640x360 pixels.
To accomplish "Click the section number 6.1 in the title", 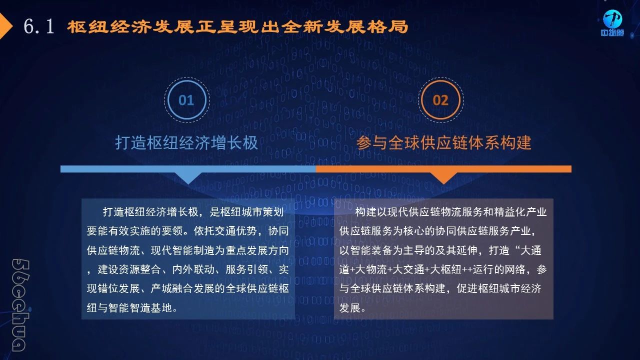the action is [x=39, y=26].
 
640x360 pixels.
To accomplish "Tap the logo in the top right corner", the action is [x=612, y=23].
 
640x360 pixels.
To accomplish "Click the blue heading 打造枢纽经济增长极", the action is [x=186, y=142].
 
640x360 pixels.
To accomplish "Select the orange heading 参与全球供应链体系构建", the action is [x=443, y=142].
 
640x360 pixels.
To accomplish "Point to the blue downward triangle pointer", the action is [x=188, y=178].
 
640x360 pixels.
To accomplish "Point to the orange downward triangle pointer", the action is [x=443, y=178].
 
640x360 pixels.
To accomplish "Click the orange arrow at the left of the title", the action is [x=5, y=26].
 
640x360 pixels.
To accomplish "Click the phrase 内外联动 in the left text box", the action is [x=193, y=269].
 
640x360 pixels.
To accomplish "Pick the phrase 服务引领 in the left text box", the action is [x=246, y=269].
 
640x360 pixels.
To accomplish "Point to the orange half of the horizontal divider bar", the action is [x=443, y=169].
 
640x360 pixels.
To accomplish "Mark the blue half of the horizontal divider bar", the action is [x=188, y=169].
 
